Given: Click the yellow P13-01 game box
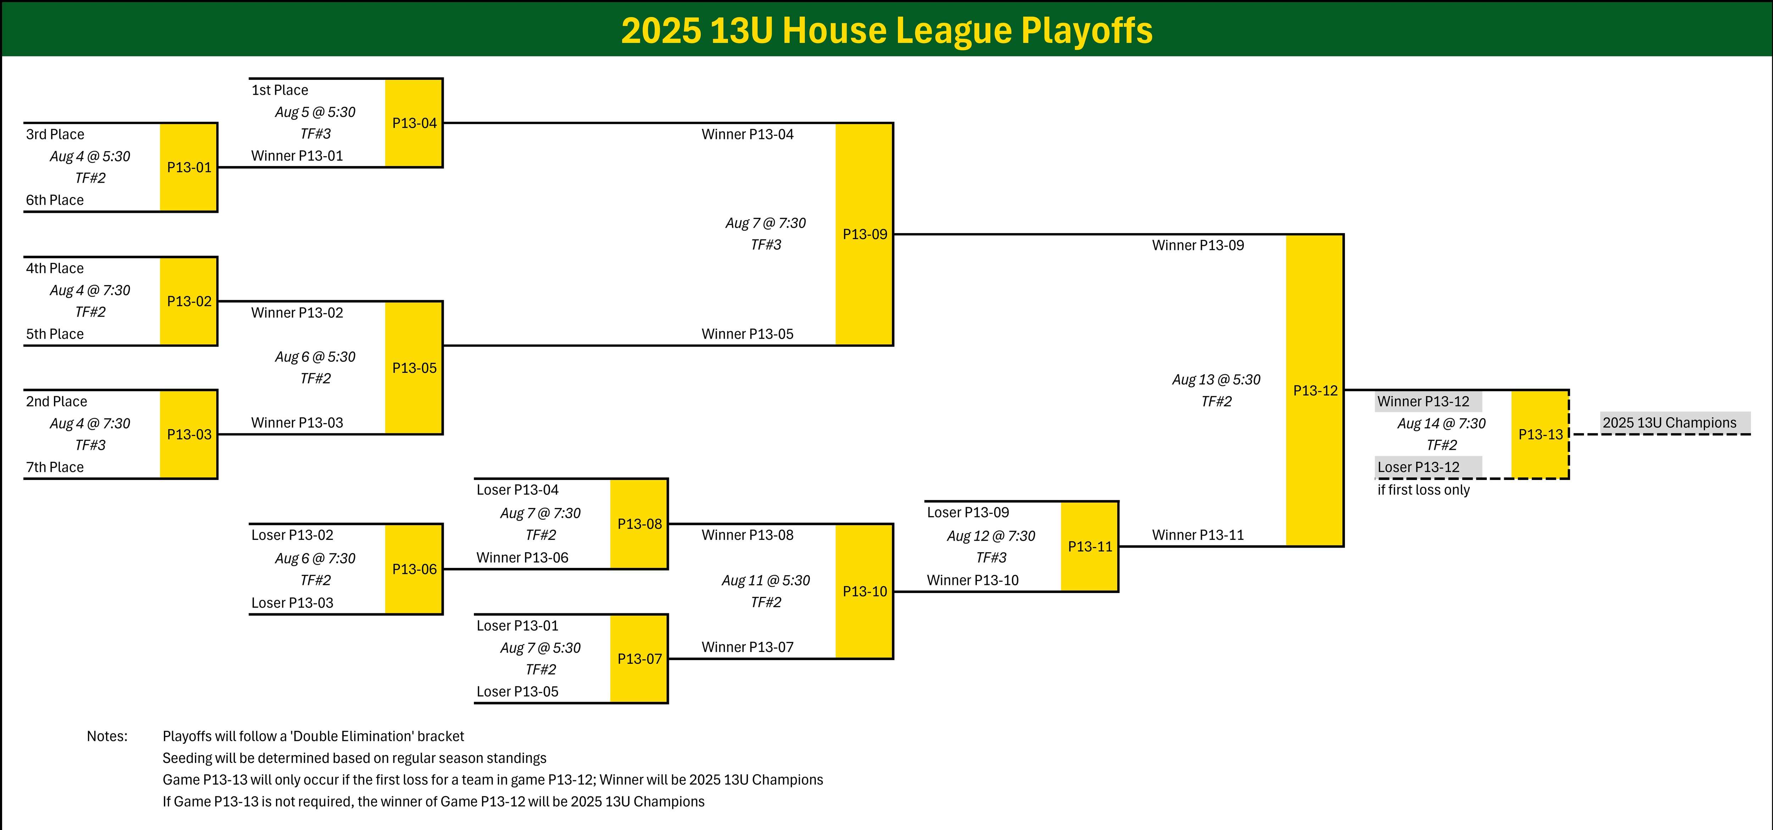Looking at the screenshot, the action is [189, 167].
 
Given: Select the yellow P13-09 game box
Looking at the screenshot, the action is [864, 234].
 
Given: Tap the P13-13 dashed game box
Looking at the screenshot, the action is [1540, 434].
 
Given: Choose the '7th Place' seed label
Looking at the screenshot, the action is [55, 467].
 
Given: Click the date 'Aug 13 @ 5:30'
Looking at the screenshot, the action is [1216, 380].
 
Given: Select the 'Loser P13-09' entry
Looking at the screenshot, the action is [968, 513].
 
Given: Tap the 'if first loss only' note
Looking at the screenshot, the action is [1423, 490].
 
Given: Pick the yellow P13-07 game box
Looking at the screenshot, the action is [639, 659].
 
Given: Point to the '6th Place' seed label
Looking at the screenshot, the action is [55, 200].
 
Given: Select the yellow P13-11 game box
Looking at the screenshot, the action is [1090, 547].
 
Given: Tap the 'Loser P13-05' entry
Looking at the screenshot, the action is [517, 692].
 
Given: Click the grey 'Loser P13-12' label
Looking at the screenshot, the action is [1428, 467].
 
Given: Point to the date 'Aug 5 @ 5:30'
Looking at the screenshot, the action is [315, 112].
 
